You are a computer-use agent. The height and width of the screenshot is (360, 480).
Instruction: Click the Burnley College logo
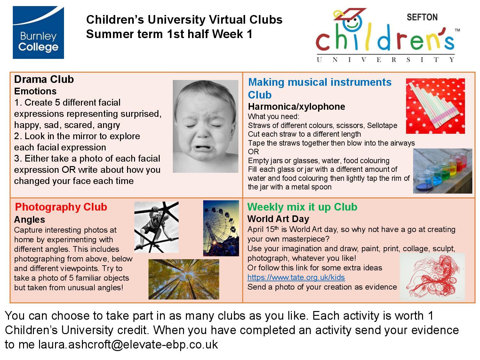point(38,33)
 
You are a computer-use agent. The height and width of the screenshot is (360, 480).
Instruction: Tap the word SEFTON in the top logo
point(422,17)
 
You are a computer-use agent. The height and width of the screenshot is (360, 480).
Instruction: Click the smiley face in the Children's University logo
point(352,22)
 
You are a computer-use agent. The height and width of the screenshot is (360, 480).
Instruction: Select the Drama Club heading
point(44,79)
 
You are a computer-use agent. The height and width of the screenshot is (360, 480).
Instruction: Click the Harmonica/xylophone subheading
point(297,107)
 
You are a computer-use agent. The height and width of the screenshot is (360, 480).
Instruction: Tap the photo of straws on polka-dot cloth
point(435,106)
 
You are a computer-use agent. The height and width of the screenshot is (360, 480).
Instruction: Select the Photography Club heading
point(61,207)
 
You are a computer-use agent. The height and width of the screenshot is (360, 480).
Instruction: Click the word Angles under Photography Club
point(29,220)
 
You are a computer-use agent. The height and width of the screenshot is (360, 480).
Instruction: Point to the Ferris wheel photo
point(221,228)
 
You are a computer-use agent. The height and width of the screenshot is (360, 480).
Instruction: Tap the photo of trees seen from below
point(184,279)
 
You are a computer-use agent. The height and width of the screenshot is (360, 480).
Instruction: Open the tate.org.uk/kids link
point(296,277)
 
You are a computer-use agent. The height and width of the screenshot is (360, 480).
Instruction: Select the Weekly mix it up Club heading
point(302,207)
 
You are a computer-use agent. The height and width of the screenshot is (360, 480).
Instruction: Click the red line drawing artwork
point(432,277)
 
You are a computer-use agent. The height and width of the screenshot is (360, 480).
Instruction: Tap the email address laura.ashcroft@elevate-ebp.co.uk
point(128,345)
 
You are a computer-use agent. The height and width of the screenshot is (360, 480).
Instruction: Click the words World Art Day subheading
point(278,219)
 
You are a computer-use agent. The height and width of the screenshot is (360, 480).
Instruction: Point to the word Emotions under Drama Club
point(35,91)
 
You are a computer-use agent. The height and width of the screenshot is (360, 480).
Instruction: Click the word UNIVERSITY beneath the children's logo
point(386,60)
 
